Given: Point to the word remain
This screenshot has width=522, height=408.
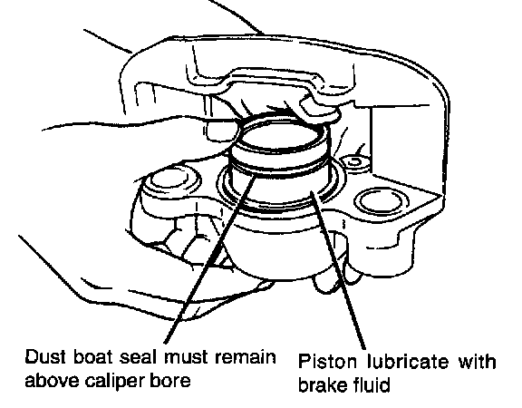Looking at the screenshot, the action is click(x=246, y=357).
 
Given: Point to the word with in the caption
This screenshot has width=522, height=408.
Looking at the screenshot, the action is click(x=478, y=362).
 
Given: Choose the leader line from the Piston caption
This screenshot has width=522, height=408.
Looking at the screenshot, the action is click(x=339, y=270).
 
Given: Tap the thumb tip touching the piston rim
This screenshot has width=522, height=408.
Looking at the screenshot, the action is click(x=223, y=132).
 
